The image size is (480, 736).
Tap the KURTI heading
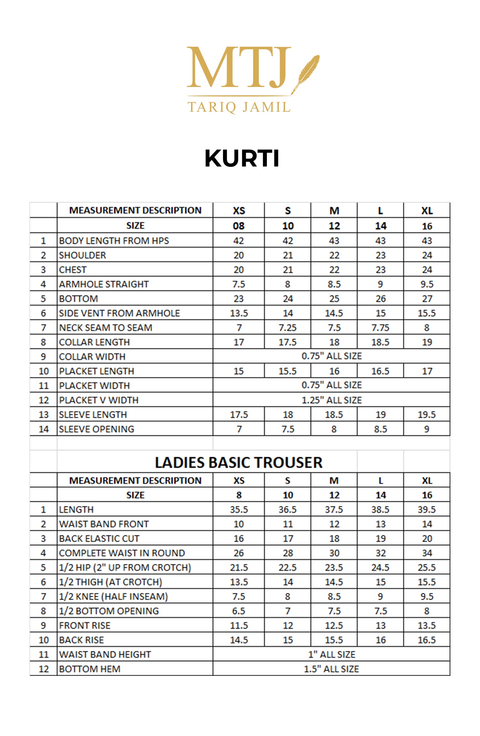pos(242,158)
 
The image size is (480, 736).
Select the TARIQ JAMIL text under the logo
pos(239,107)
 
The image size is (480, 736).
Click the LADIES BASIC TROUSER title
pos(239,463)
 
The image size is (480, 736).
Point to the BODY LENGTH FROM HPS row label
pos(114,241)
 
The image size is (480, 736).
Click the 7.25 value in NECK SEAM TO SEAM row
pos(287,328)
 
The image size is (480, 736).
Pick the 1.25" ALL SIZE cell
pos(332,400)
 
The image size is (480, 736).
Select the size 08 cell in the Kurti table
pos(239,226)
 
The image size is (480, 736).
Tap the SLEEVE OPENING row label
pos(97,429)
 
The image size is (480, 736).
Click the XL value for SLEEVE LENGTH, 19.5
pos(427,415)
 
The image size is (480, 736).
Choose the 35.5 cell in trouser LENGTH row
pos(239,509)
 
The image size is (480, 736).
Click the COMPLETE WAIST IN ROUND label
pos(122,553)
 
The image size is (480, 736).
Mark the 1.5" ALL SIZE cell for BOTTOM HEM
pos(332,669)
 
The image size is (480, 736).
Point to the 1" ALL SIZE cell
pos(332,654)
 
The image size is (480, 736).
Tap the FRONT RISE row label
pos(85,625)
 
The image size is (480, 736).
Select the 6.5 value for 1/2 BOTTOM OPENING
pos(239,611)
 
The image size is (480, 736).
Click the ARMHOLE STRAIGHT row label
pos(104,284)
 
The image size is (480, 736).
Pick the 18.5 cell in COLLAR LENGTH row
pos(380,342)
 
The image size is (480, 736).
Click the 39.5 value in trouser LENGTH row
pos(427,509)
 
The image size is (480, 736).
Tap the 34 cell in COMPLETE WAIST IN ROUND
pos(427,553)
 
